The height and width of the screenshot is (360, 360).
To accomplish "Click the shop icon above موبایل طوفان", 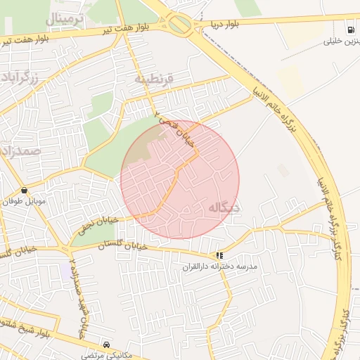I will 25,190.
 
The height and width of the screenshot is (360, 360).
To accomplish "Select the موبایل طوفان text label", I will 26,202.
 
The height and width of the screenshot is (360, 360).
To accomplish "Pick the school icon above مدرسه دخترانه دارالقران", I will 220,255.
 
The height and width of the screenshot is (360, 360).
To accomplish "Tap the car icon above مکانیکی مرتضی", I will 106,345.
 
